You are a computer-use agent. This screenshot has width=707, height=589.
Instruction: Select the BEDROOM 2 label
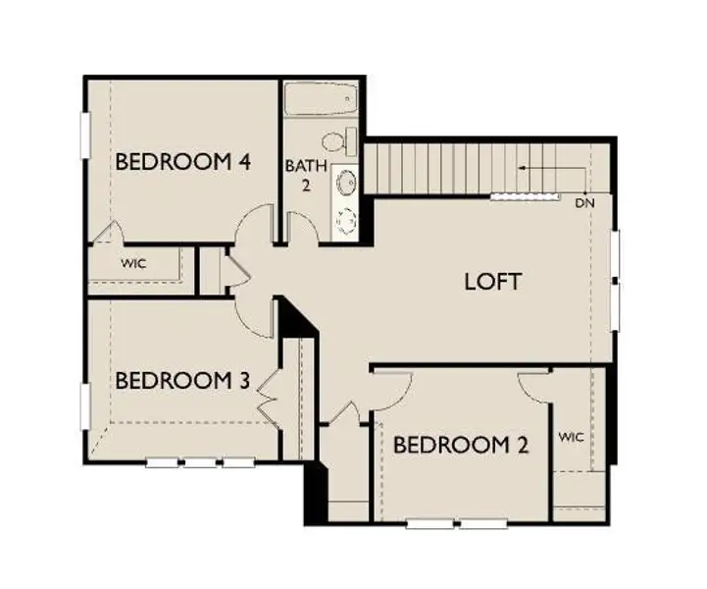[461, 445]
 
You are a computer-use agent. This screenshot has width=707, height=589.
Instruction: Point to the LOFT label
[492, 282]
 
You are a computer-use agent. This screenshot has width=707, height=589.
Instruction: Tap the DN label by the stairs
[584, 203]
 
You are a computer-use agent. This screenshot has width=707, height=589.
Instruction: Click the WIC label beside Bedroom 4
[133, 264]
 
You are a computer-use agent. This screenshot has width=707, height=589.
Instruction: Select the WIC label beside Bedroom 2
[571, 436]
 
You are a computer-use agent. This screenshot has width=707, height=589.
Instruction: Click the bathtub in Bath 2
[323, 99]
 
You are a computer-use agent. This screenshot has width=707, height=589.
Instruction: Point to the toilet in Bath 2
[340, 141]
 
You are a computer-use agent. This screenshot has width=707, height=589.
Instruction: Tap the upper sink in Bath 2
[346, 182]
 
